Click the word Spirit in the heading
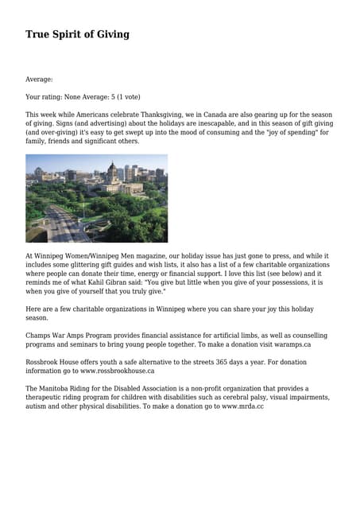tap(69, 34)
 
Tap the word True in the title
tap(37, 34)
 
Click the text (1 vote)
tap(126, 97)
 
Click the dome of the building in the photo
tap(111, 170)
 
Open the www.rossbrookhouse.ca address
tap(117, 371)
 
